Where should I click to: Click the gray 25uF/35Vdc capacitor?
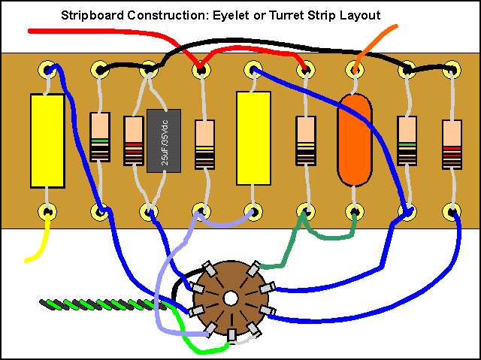click(163, 140)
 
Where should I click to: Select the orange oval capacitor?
click(355, 140)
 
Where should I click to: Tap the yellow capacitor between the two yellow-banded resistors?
click(253, 138)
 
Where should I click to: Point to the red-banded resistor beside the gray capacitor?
click(134, 141)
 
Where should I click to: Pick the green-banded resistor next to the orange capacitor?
click(407, 141)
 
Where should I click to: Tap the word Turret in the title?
click(295, 15)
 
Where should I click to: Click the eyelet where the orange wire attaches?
click(355, 70)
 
